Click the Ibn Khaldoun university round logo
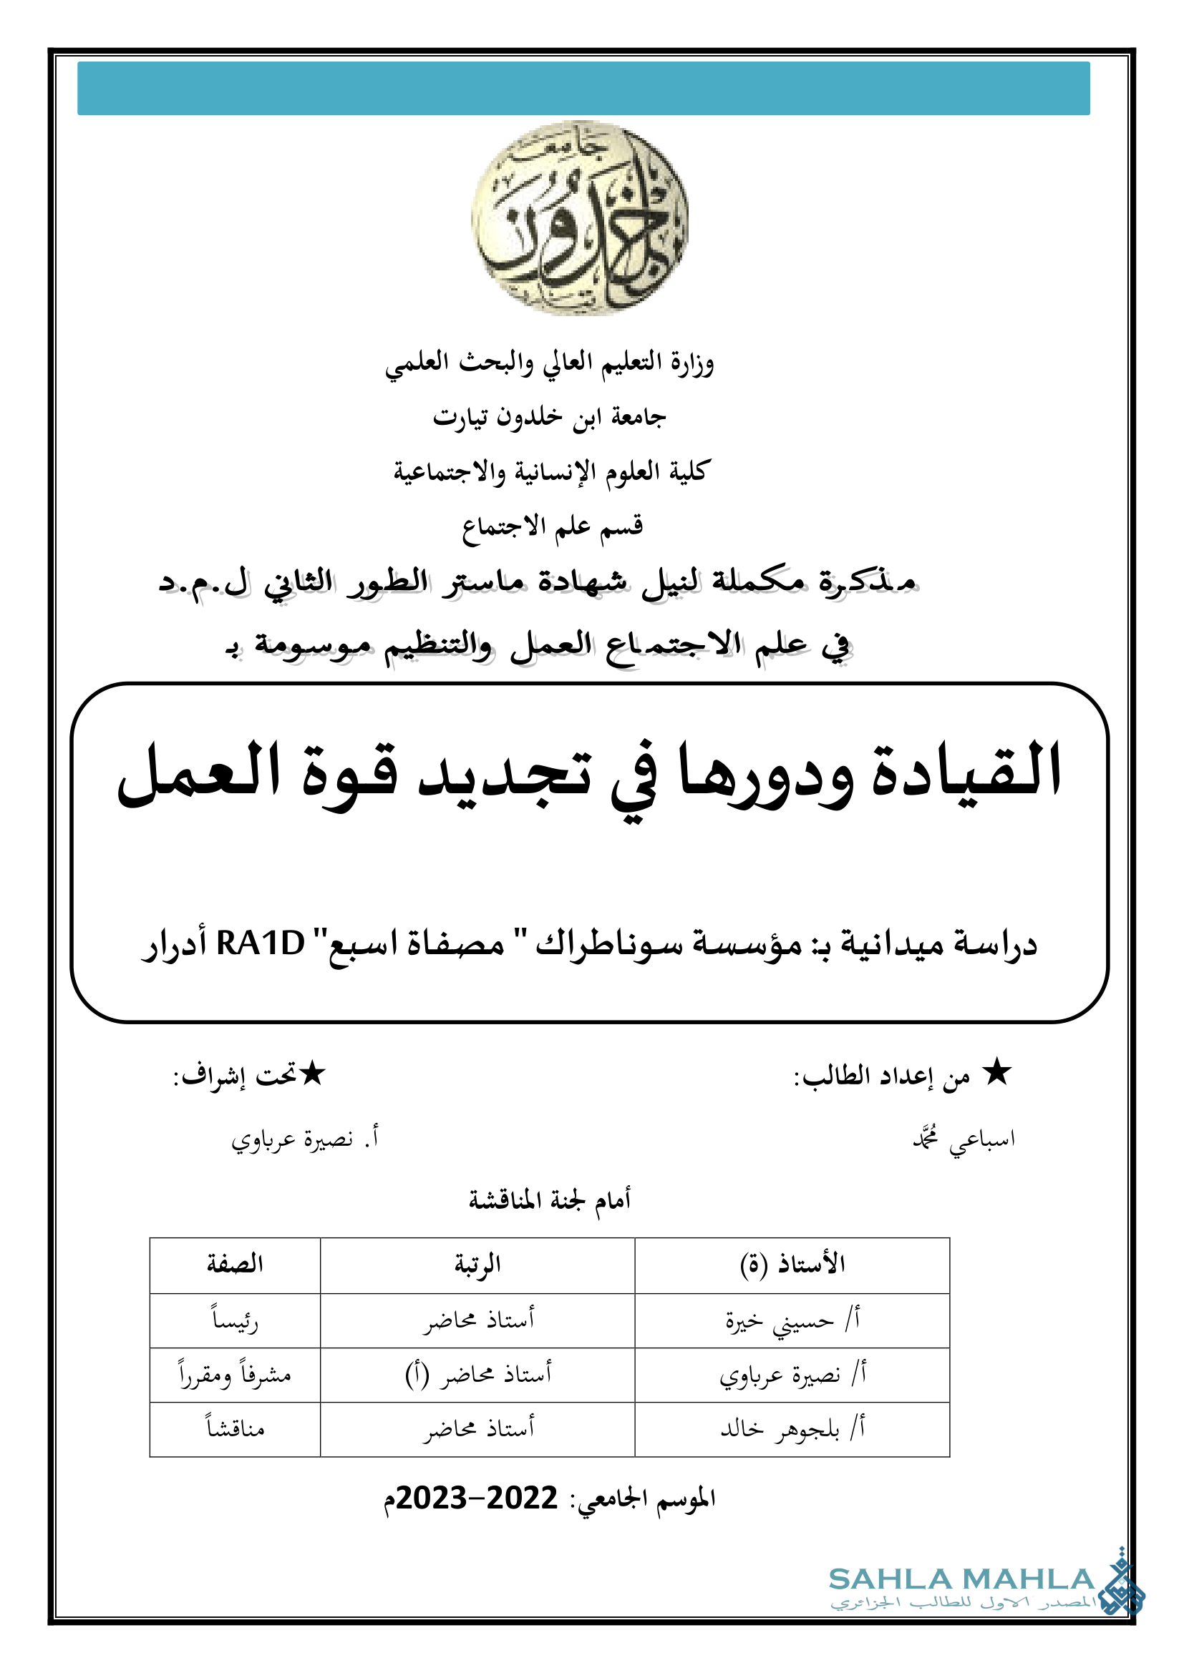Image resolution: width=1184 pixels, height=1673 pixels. pos(580,219)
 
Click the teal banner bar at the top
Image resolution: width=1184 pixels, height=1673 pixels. pos(583,88)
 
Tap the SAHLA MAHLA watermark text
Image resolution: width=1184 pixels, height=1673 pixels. pos(961,1579)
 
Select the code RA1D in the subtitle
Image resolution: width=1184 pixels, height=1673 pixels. pos(261,944)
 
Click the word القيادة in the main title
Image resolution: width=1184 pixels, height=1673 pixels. pos(965,772)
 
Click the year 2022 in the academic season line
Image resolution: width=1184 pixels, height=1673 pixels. pos(521,1498)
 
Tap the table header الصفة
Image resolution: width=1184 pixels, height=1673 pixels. pos(235,1264)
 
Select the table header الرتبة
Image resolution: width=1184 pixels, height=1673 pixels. pos(477,1264)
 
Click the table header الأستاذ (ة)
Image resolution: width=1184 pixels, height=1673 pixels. pos(792,1264)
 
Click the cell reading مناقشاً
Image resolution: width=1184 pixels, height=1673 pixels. pos(235,1429)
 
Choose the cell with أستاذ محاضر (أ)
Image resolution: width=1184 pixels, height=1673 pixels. pos(477,1374)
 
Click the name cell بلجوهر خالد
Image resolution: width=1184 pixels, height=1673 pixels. pos(792,1429)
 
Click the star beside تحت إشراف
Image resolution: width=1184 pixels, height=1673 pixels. pos(312,1074)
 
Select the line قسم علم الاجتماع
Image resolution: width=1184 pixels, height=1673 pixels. pos(552,526)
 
